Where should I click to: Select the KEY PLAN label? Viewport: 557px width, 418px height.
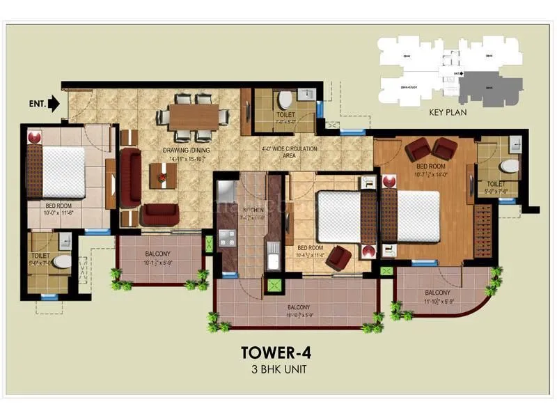click(x=448, y=110)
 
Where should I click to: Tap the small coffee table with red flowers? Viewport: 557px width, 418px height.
click(x=162, y=179)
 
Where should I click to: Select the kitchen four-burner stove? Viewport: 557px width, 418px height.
click(x=228, y=237)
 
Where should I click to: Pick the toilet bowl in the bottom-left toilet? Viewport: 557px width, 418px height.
click(x=62, y=261)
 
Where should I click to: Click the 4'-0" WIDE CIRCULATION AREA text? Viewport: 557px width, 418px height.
click(x=288, y=153)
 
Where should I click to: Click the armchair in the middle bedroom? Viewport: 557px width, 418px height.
click(x=339, y=257)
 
